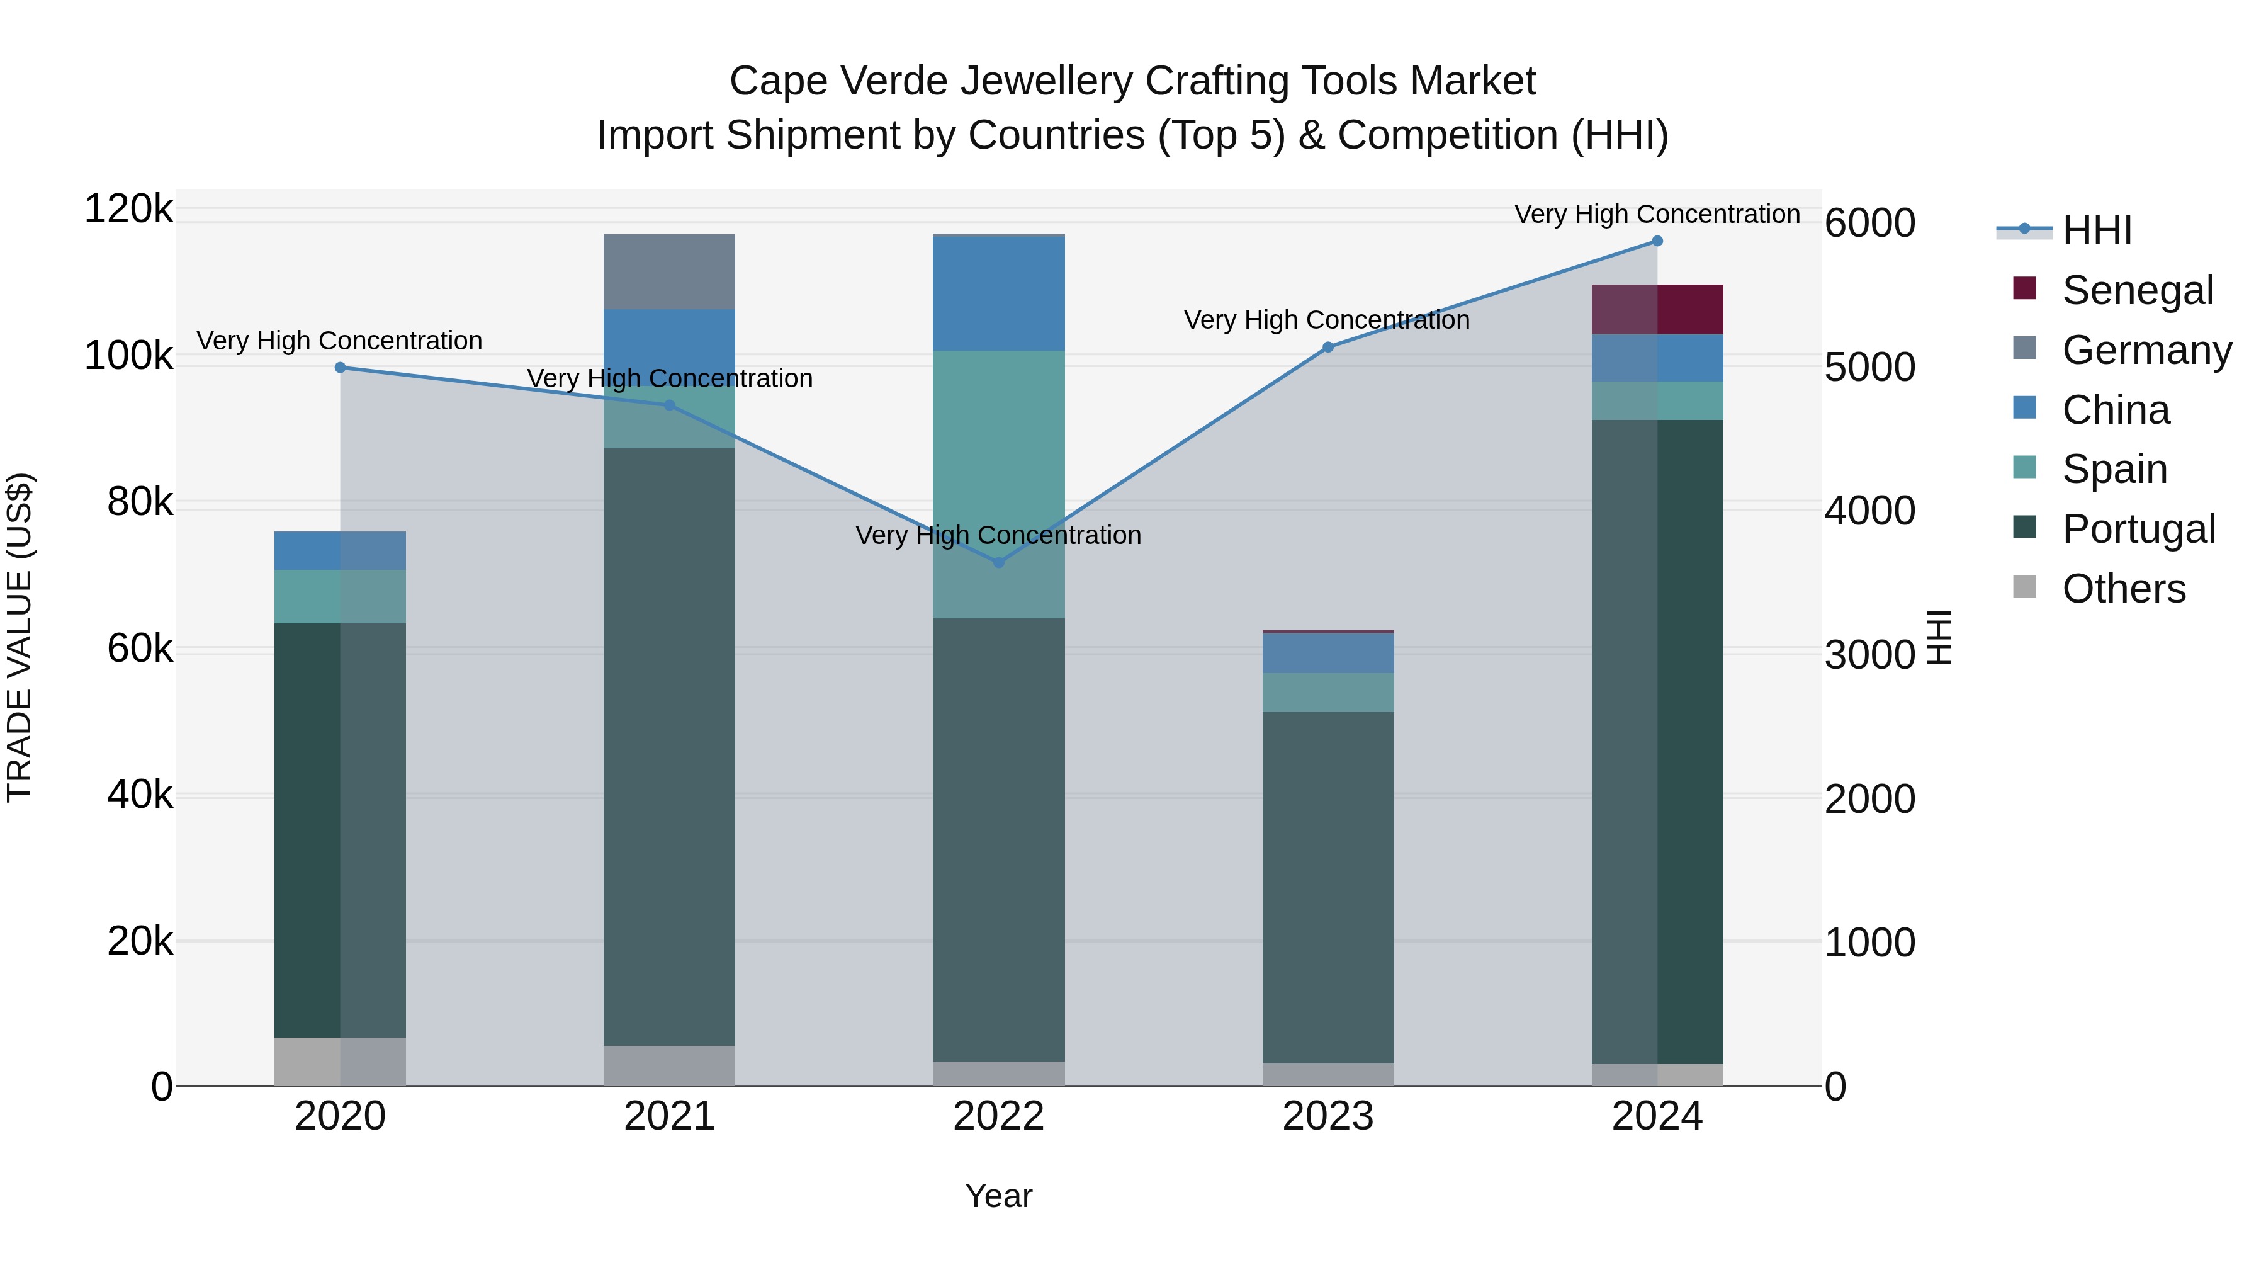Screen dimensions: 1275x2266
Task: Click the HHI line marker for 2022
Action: [x=998, y=562]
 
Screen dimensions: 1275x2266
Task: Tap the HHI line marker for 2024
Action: [x=1657, y=241]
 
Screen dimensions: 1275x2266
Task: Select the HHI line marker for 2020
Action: [x=341, y=368]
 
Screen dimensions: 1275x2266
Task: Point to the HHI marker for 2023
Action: [x=1328, y=348]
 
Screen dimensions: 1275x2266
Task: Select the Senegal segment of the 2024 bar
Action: [x=1657, y=309]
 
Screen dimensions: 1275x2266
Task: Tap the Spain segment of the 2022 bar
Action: [x=998, y=484]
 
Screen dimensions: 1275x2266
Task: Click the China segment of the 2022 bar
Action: [x=998, y=294]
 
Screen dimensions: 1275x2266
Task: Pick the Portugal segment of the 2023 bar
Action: [x=1328, y=887]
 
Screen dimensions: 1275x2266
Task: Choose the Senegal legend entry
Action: [x=2137, y=290]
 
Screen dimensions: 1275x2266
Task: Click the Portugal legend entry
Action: [x=2138, y=529]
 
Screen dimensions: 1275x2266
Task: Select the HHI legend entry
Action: [x=2096, y=230]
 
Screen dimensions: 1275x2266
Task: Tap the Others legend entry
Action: [x=2122, y=589]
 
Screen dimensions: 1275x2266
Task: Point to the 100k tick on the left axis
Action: [x=128, y=356]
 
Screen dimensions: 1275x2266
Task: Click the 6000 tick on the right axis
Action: [x=1869, y=224]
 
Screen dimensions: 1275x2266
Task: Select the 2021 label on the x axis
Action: [x=670, y=1116]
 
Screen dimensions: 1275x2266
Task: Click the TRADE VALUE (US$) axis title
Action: [x=20, y=637]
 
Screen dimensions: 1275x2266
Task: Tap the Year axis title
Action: [x=998, y=1196]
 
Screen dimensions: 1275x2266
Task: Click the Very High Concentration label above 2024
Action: [x=1657, y=214]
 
